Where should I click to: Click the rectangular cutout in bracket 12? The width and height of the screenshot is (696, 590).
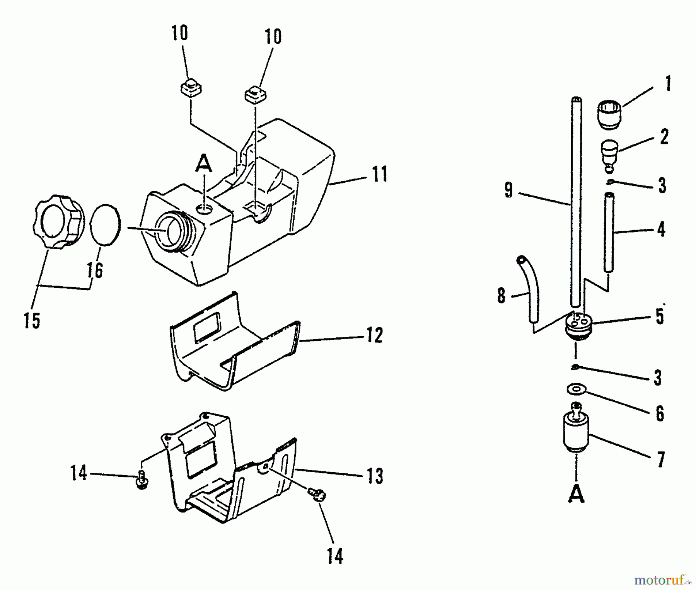pos(207,326)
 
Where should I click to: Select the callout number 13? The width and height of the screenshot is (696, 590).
pos(374,476)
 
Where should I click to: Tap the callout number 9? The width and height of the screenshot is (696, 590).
pos(508,190)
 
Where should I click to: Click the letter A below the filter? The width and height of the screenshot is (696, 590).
pos(576,493)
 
